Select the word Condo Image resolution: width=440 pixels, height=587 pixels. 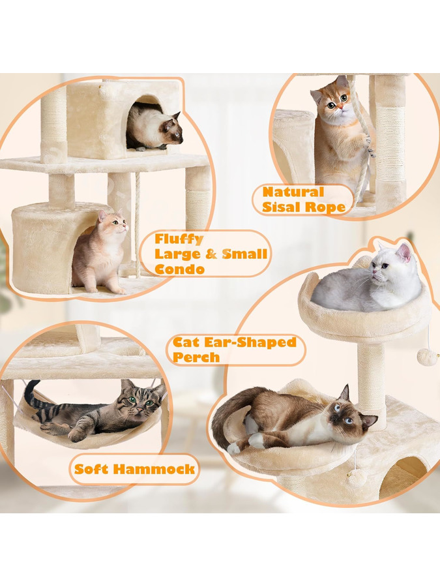click(180, 269)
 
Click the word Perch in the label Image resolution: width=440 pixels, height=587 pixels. click(196, 357)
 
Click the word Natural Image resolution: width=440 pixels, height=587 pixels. click(293, 192)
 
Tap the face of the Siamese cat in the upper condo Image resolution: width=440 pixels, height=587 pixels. click(173, 130)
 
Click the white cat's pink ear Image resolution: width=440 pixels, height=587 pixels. click(404, 252)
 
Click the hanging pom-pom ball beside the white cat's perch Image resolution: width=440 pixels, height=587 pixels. click(427, 357)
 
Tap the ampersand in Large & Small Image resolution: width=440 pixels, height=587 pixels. click(212, 254)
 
